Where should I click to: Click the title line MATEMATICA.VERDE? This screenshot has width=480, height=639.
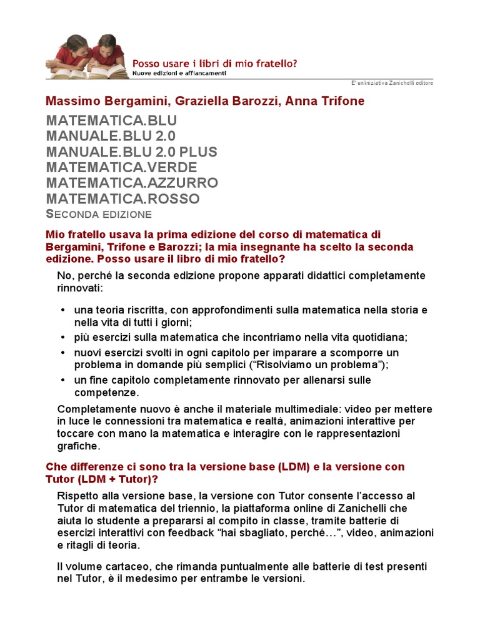click(121, 167)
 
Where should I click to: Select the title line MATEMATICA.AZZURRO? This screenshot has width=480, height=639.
click(132, 183)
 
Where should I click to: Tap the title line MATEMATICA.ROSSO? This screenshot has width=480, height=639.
click(122, 199)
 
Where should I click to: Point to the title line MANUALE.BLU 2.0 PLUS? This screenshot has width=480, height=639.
click(131, 152)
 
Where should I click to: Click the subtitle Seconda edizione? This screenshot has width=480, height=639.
click(99, 215)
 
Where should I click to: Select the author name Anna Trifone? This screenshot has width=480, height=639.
click(324, 100)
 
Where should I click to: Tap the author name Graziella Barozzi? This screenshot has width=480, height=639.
click(218, 100)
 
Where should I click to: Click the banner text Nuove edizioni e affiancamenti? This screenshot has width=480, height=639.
click(179, 73)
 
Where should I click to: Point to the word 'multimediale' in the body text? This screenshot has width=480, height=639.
click(272, 409)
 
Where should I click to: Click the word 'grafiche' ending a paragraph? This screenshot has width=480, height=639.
click(77, 446)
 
